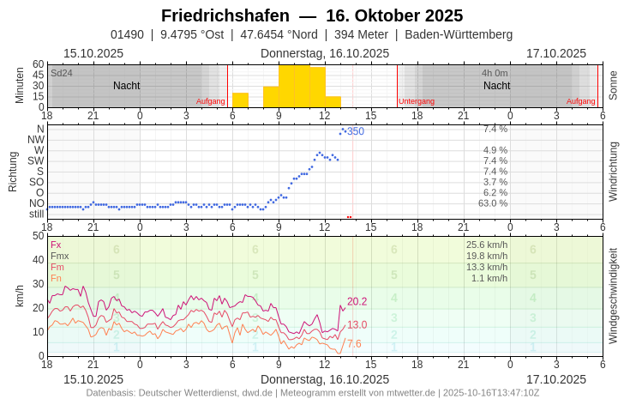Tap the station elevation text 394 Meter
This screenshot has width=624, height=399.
coord(363,34)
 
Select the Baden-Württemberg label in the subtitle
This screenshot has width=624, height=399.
coord(459,34)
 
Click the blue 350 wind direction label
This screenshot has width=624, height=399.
coord(356,131)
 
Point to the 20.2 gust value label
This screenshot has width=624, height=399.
coord(357,301)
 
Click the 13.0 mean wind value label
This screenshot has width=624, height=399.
coord(357,324)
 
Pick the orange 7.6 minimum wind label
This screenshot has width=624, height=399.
coord(354,343)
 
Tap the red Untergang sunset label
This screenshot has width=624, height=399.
coord(417,101)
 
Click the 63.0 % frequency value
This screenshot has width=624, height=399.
coord(493,203)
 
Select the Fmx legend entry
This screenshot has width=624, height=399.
coord(60,256)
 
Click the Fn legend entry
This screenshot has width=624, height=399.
coord(56,278)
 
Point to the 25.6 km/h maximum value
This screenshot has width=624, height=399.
coord(487,245)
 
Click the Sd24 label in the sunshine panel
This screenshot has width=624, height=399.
coord(62,73)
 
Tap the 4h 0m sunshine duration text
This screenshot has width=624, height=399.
coord(495,73)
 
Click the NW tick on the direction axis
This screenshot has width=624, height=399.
coord(36,139)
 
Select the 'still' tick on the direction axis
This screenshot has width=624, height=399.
coord(36,214)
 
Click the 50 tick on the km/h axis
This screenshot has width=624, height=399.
coord(38,235)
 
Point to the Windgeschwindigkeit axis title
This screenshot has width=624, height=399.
coord(613,295)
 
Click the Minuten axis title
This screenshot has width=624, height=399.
coord(20,85)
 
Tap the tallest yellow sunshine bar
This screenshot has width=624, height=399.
coord(294,86)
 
